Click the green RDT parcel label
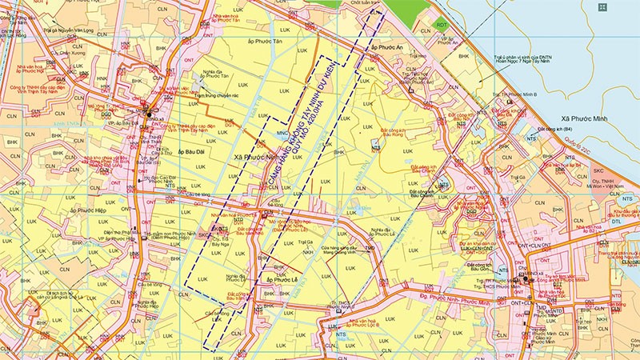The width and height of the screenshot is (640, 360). [x=442, y=26]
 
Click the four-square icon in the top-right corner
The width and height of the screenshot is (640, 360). [x=624, y=7]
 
